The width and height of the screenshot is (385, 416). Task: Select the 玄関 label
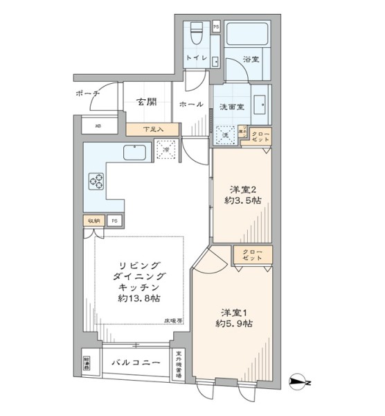(147, 102)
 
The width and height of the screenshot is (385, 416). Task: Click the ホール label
(191, 105)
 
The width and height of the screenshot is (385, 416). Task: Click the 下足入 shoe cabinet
(153, 129)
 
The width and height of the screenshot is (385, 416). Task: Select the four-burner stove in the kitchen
(96, 182)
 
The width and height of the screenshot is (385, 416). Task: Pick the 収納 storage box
(93, 220)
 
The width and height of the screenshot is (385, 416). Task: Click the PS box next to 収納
(114, 220)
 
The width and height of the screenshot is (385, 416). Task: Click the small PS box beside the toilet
(216, 27)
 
